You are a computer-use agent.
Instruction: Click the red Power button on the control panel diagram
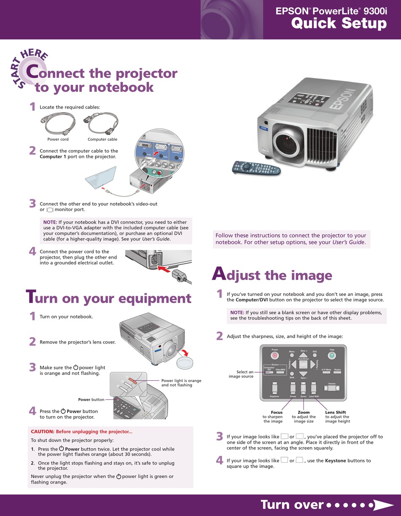pyautogui.click(x=275, y=356)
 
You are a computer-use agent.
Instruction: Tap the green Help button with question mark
pyautogui.click(x=331, y=356)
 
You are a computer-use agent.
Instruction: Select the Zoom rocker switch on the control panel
pyautogui.click(x=303, y=388)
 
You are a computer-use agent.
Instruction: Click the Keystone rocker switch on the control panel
pyautogui.click(x=274, y=388)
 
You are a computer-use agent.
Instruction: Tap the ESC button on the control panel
pyautogui.click(x=315, y=356)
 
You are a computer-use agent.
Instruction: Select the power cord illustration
pyautogui.click(x=58, y=124)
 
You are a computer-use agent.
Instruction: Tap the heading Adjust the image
pyautogui.click(x=272, y=275)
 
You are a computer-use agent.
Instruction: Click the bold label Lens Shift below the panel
pyautogui.click(x=336, y=412)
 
